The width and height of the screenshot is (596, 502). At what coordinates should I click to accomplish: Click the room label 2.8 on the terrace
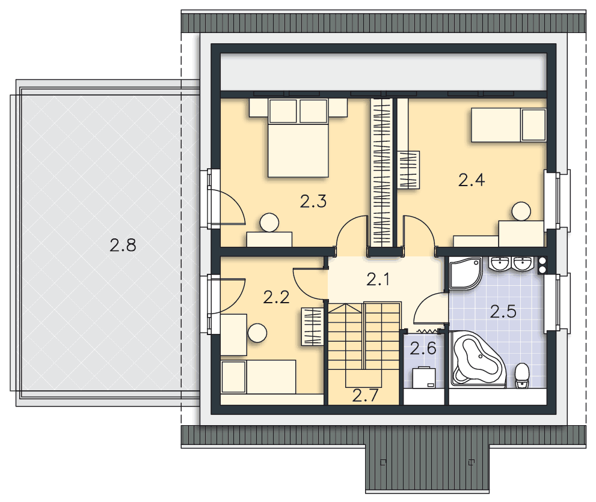[123, 245]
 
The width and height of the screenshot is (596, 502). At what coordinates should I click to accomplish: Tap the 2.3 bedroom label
[313, 201]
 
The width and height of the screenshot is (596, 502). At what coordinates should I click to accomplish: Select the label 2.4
[472, 180]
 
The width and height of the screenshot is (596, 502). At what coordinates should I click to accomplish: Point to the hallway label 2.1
[378, 280]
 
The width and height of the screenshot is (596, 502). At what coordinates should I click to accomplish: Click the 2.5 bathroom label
[503, 312]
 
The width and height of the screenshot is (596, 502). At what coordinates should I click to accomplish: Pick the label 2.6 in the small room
[423, 349]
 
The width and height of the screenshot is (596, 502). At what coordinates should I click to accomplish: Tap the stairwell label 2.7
[365, 395]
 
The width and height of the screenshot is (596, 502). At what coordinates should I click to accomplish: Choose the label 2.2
[276, 297]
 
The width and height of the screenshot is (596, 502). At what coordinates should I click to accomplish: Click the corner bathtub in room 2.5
[478, 359]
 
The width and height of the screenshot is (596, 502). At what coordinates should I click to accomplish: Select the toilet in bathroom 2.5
[522, 376]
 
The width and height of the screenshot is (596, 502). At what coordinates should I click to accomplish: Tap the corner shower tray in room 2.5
[465, 273]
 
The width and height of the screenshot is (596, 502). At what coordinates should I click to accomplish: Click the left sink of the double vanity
[499, 264]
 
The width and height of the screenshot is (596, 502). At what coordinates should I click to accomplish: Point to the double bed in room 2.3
[298, 138]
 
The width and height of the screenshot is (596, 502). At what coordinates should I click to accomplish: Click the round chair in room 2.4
[521, 211]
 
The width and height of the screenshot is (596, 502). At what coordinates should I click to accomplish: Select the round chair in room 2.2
[257, 333]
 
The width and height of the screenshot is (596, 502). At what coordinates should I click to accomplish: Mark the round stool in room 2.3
[269, 222]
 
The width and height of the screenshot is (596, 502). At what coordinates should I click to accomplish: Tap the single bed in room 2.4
[509, 125]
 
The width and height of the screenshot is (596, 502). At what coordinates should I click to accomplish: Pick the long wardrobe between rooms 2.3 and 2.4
[382, 172]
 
